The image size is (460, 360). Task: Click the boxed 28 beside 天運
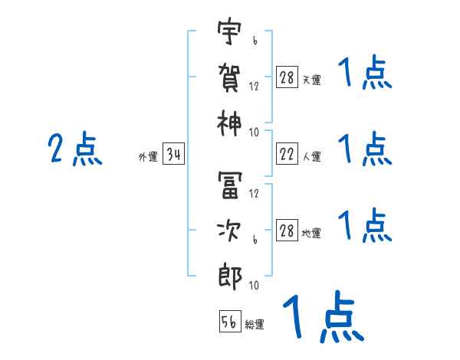(x=287, y=77)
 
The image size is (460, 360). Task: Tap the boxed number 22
(x=287, y=155)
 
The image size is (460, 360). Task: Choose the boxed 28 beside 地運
(x=287, y=231)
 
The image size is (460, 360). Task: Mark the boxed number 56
(x=229, y=322)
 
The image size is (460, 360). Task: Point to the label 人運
(x=311, y=157)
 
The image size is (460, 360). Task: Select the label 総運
(x=254, y=324)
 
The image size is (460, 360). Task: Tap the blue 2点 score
(x=74, y=149)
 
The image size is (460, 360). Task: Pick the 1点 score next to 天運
(x=365, y=74)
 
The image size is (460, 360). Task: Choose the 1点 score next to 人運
(x=365, y=149)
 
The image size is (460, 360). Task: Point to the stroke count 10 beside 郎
(x=254, y=285)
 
